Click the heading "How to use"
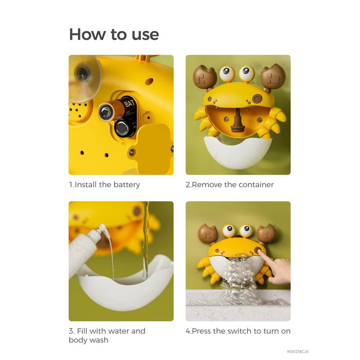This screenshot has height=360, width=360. click(x=114, y=35)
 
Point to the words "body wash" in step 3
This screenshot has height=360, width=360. click(x=89, y=340)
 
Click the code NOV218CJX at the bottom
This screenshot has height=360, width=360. click(x=298, y=351)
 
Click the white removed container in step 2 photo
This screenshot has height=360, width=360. click(x=238, y=152)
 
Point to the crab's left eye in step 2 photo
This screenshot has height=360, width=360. click(x=227, y=73)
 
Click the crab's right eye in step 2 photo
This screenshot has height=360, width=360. click(x=247, y=73)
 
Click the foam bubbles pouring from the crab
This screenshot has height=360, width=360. click(x=239, y=275)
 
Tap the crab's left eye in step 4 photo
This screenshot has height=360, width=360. click(x=229, y=230)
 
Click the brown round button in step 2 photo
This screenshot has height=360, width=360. click(x=257, y=99)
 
